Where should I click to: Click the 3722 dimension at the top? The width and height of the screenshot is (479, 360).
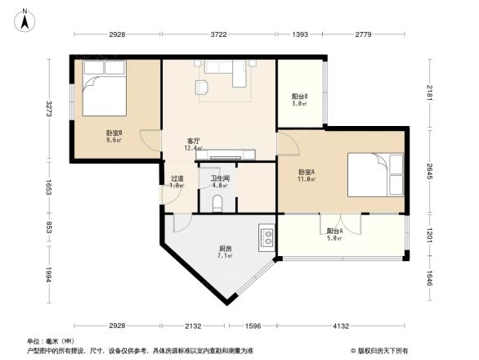pos(218,34)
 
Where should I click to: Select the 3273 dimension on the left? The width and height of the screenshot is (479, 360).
pos(50,108)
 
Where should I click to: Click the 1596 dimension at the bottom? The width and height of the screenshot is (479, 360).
pos(253,326)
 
